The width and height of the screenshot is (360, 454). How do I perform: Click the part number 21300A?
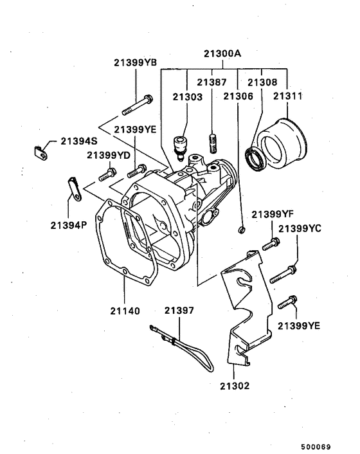click(x=224, y=55)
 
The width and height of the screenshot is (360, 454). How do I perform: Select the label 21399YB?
click(x=136, y=62)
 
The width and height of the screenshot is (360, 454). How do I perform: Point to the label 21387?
click(x=212, y=83)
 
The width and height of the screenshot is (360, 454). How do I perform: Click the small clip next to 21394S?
click(x=40, y=152)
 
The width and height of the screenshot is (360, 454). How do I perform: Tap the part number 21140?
click(x=123, y=311)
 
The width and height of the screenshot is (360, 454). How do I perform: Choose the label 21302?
click(x=233, y=386)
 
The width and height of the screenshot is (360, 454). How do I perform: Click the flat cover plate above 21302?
click(x=247, y=302)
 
